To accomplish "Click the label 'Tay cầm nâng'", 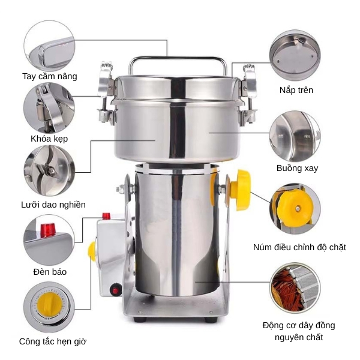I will pos(50,76).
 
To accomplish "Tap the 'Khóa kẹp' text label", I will pos(49,139).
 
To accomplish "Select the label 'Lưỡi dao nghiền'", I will pos(53,205).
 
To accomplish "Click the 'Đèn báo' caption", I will pos(50,271).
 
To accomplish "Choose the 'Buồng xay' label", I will pos(298,168).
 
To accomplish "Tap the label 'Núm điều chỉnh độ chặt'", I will pos(300,247).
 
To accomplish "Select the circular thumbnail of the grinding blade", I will pos(49,170).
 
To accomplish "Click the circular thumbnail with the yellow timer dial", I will pos(49,308).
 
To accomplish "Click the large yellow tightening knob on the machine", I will pos(242,190).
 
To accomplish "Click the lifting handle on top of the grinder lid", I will pos(178,61).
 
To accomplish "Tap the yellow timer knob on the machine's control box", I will pos(92,251).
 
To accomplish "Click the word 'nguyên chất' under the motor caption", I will pos(299,337).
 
